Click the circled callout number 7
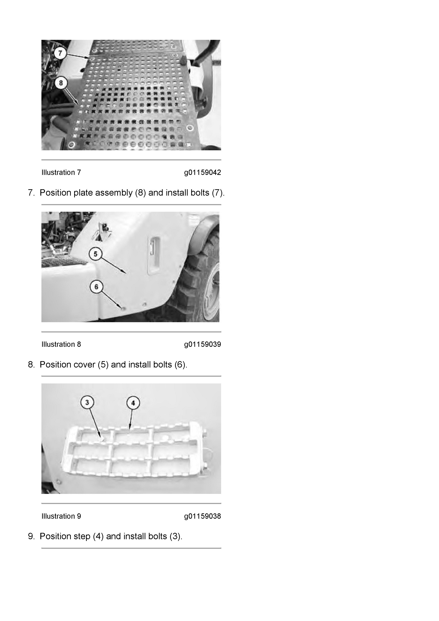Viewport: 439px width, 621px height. pyautogui.click(x=60, y=53)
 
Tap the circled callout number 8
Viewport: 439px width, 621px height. pyautogui.click(x=61, y=83)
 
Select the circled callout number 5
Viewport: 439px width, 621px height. pyautogui.click(x=95, y=254)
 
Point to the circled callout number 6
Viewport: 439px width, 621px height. pyautogui.click(x=96, y=287)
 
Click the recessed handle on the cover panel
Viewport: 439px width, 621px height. pyautogui.click(x=153, y=256)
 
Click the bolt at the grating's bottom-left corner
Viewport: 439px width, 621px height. pyautogui.click(x=71, y=145)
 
